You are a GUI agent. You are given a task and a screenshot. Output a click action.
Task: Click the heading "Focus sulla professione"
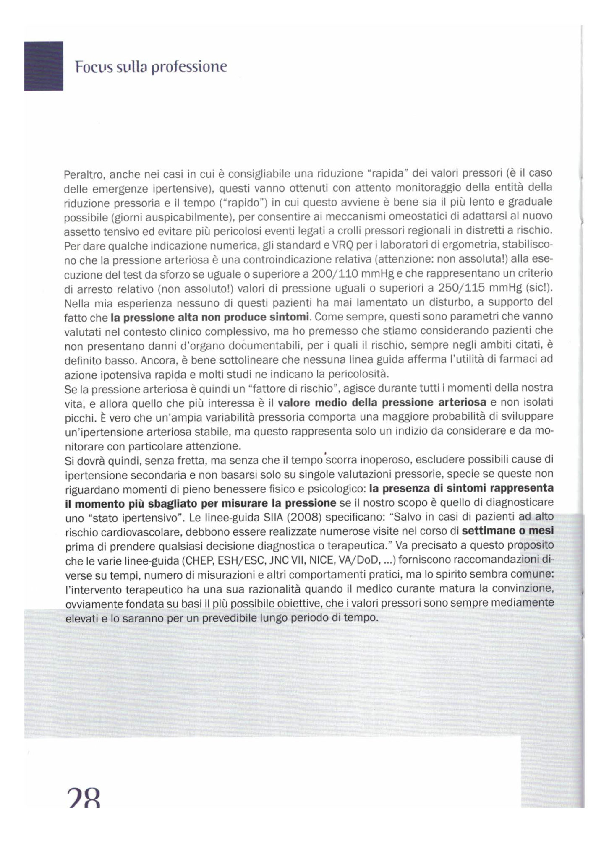151,67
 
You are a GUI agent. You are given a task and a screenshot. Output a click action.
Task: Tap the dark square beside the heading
44,66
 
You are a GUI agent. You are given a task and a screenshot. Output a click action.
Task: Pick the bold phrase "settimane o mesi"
507,531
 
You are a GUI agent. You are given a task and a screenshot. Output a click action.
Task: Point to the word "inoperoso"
382,460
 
